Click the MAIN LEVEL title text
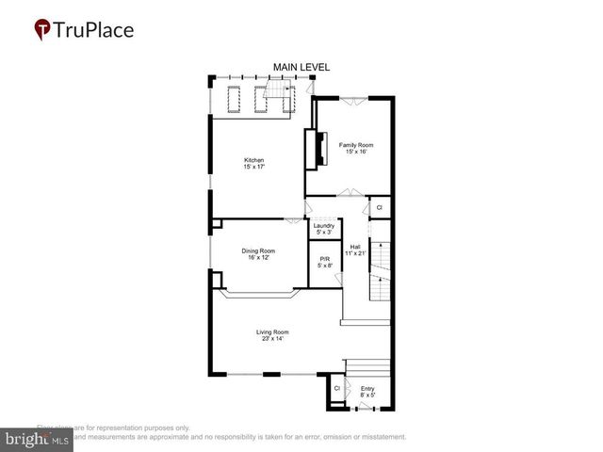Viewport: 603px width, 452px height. point(301,66)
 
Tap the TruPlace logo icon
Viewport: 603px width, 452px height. point(42,29)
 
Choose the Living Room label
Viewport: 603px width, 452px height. point(272,331)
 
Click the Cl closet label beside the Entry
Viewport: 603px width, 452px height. point(336,388)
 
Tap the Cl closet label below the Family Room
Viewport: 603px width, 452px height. point(380,207)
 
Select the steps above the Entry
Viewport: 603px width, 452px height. point(367,367)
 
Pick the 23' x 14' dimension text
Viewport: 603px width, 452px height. point(272,339)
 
